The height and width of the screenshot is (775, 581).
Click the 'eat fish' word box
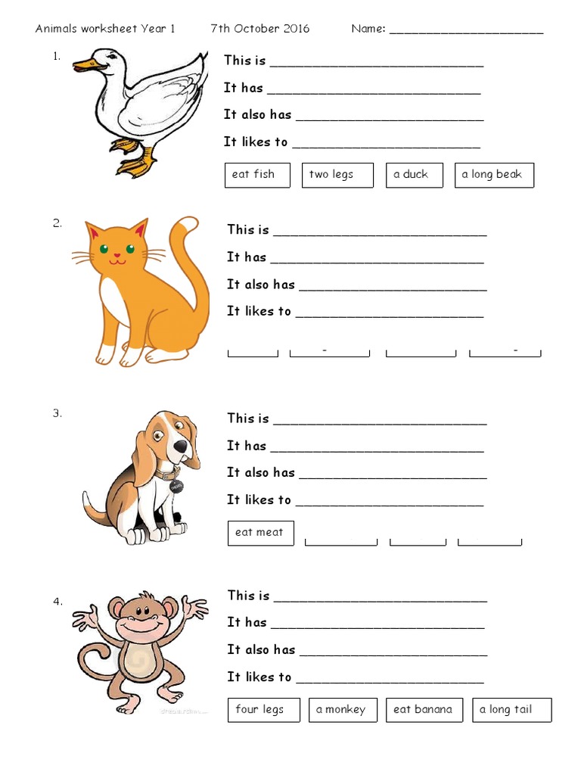(x=253, y=175)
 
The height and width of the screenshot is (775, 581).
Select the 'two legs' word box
(x=337, y=175)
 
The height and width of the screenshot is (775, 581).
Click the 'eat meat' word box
(x=260, y=533)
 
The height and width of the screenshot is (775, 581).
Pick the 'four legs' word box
(x=263, y=710)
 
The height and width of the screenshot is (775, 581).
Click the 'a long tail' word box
(x=512, y=710)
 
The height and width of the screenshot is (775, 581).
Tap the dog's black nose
(x=182, y=447)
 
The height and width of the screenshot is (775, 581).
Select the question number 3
(x=57, y=413)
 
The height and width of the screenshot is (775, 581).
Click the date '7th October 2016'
(x=260, y=29)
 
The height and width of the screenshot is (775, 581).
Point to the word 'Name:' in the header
(x=368, y=29)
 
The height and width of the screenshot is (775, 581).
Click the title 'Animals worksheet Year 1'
(x=105, y=29)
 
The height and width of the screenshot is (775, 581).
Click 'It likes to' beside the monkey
(x=259, y=677)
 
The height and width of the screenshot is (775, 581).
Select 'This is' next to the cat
(x=248, y=230)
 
